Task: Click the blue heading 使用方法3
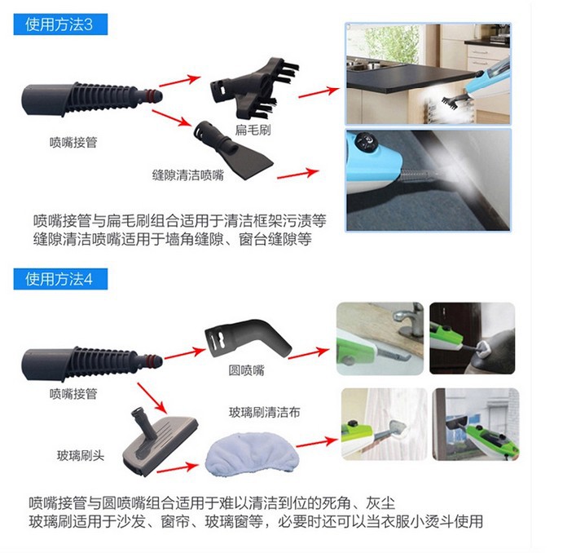(60, 24)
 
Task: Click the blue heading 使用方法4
(60, 279)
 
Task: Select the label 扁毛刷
(253, 130)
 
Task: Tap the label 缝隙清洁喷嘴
(188, 175)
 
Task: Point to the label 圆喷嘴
(247, 370)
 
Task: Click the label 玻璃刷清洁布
(265, 412)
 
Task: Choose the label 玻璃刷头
(81, 456)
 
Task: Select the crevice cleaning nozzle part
(233, 150)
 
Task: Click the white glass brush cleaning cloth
(252, 455)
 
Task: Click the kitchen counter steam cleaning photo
(428, 73)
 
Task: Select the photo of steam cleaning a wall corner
(428, 180)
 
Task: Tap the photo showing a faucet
(380, 338)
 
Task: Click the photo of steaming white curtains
(385, 424)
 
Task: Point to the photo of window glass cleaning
(476, 424)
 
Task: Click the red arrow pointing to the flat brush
(180, 81)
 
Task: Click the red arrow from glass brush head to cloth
(178, 468)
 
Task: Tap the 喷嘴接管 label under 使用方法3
(73, 142)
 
